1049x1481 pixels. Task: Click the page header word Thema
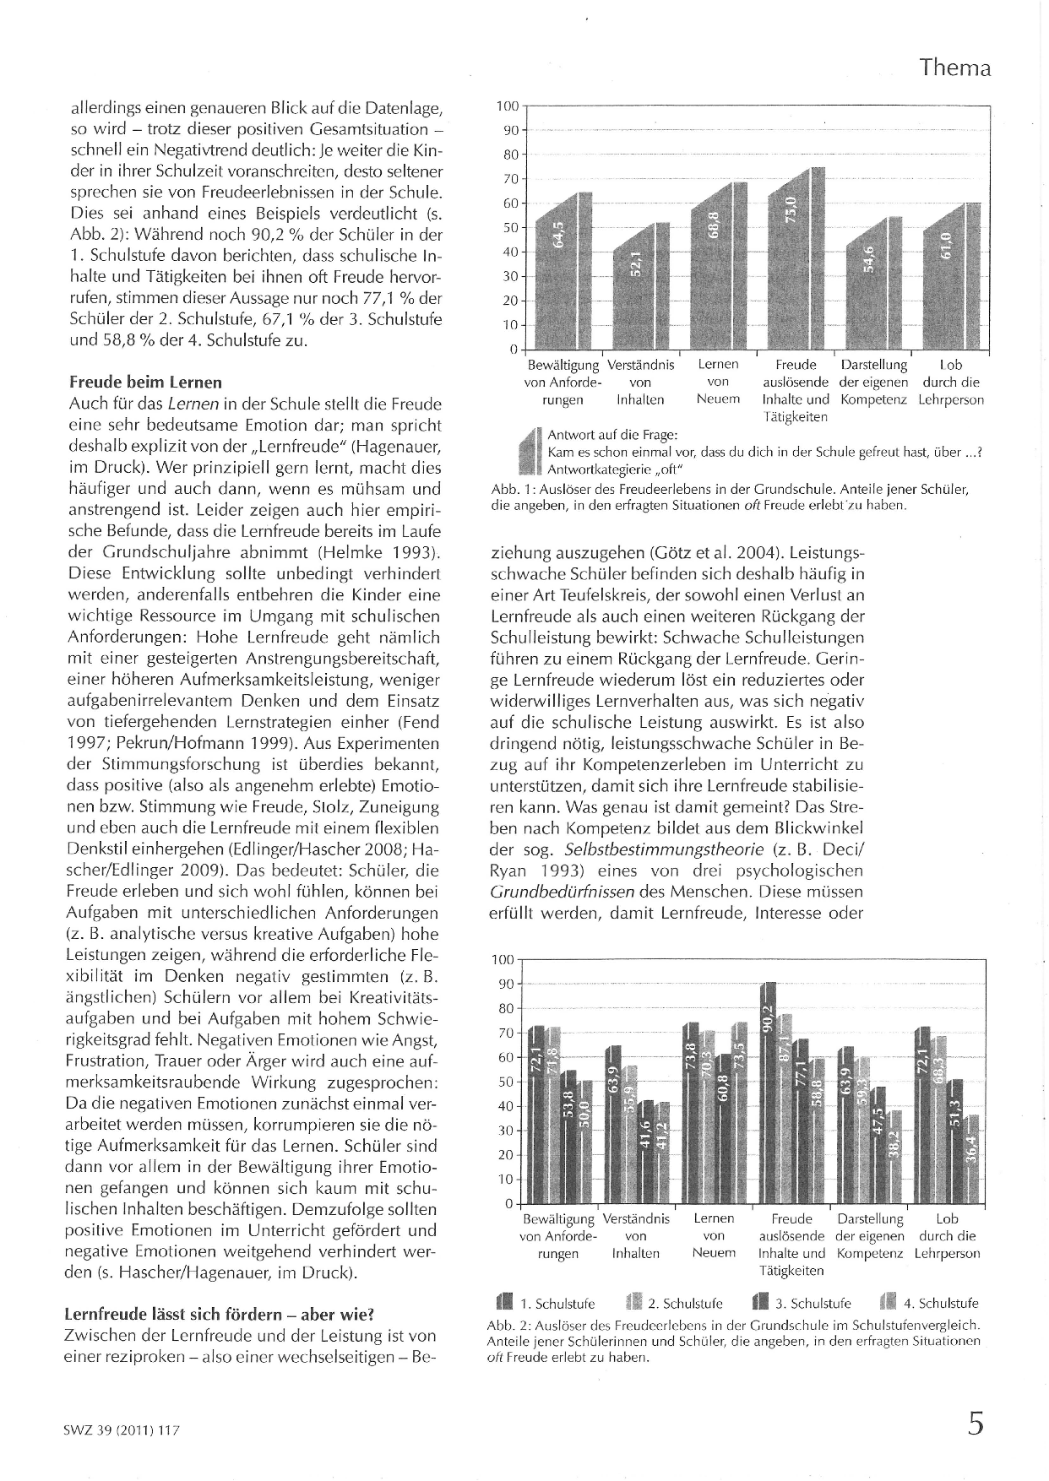(x=955, y=68)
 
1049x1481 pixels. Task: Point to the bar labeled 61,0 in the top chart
(x=956, y=274)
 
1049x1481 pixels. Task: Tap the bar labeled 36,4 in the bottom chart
(x=972, y=1161)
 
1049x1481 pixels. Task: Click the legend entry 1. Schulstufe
(x=546, y=1303)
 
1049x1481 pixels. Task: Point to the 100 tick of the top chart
(x=507, y=106)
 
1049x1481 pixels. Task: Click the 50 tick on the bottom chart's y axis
(x=507, y=1082)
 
